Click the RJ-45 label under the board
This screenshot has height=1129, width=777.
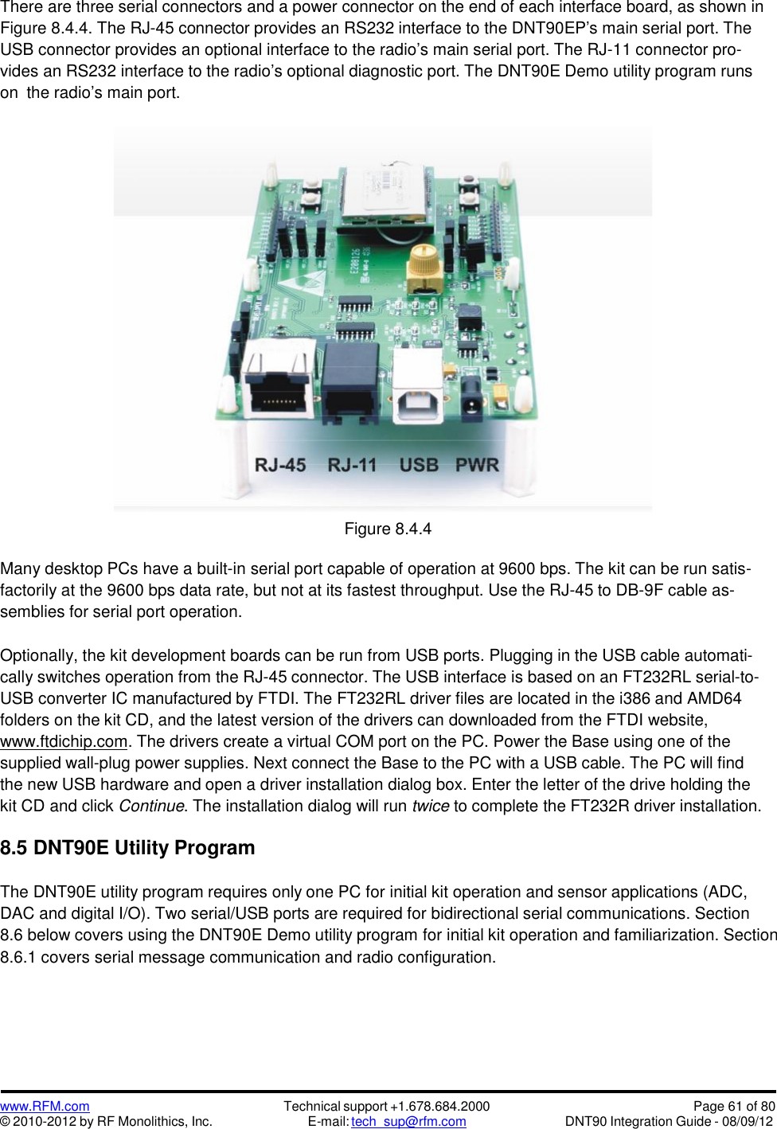click(280, 465)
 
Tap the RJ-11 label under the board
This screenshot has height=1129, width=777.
click(352, 465)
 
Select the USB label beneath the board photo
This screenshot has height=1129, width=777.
click(419, 465)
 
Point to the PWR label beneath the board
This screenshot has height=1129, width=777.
click(477, 465)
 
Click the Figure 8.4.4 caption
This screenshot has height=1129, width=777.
click(388, 529)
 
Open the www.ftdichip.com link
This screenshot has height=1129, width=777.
click(64, 741)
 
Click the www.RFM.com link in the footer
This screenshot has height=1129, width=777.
click(45, 1106)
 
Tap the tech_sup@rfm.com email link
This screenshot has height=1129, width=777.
click(408, 1121)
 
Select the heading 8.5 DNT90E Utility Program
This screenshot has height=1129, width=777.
click(127, 848)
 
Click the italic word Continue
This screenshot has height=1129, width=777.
click(151, 806)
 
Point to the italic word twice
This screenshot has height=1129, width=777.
click(430, 806)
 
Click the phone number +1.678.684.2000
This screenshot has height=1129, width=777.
click(439, 1106)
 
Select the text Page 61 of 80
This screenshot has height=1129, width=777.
click(733, 1106)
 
